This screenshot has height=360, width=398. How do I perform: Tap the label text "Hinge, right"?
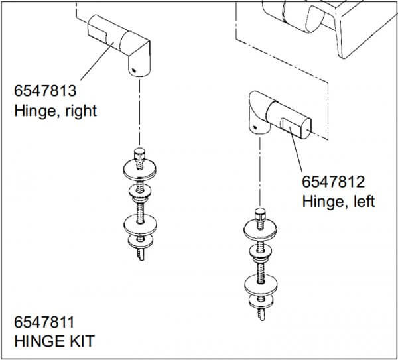[x=55, y=110]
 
